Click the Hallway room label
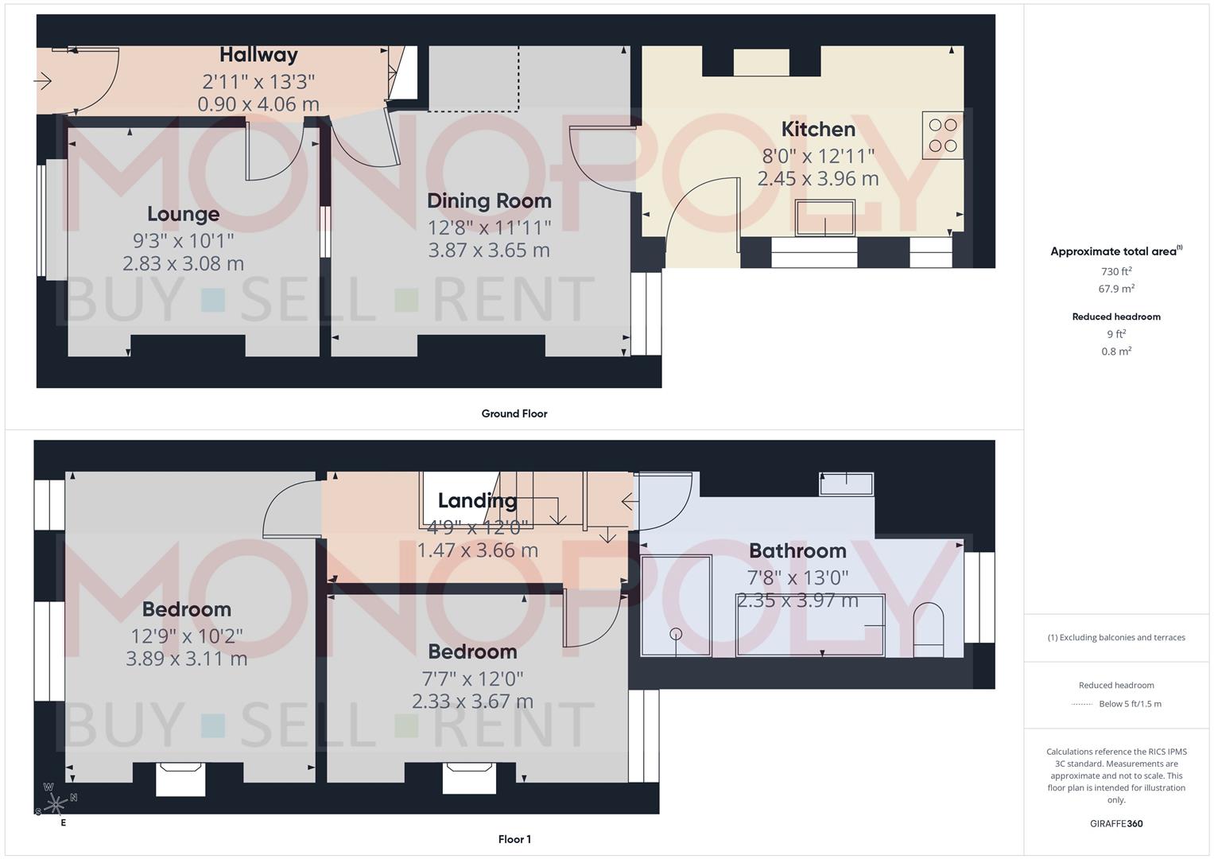(x=258, y=55)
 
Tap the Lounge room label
(x=183, y=214)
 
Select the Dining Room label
(x=489, y=201)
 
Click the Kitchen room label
(x=818, y=129)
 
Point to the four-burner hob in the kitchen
(x=943, y=135)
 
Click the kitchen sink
(x=825, y=218)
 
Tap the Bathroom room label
(x=797, y=550)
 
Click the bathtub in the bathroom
(x=810, y=625)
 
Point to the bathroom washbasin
(x=846, y=483)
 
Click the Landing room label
(x=477, y=500)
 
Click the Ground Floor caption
(x=514, y=414)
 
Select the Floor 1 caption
(x=514, y=839)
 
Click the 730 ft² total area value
(x=1116, y=271)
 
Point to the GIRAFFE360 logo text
(x=1116, y=824)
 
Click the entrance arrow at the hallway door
(x=43, y=80)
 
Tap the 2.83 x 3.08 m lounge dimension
(x=183, y=263)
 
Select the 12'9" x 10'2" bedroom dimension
(x=187, y=636)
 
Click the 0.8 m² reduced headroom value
(x=1116, y=352)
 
